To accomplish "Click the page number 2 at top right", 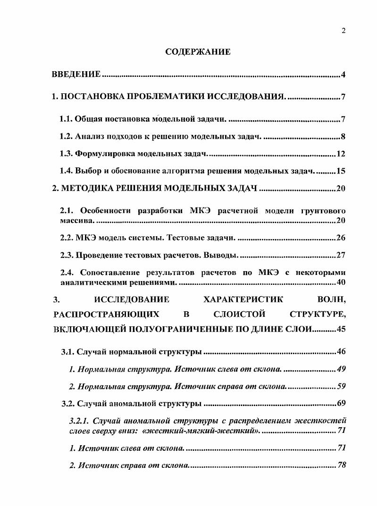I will click(343, 31).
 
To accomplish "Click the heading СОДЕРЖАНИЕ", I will click(198, 52).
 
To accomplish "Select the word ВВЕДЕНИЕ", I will click(76, 75).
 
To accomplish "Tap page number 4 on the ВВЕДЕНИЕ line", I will click(344, 75).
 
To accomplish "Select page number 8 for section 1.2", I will click(344, 137).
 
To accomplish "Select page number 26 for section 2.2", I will click(342, 238).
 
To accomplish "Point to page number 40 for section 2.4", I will click(342, 282).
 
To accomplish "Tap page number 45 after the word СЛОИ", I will click(342, 330).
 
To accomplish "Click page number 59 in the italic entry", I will click(342, 387).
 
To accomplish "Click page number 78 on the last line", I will click(342, 465).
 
